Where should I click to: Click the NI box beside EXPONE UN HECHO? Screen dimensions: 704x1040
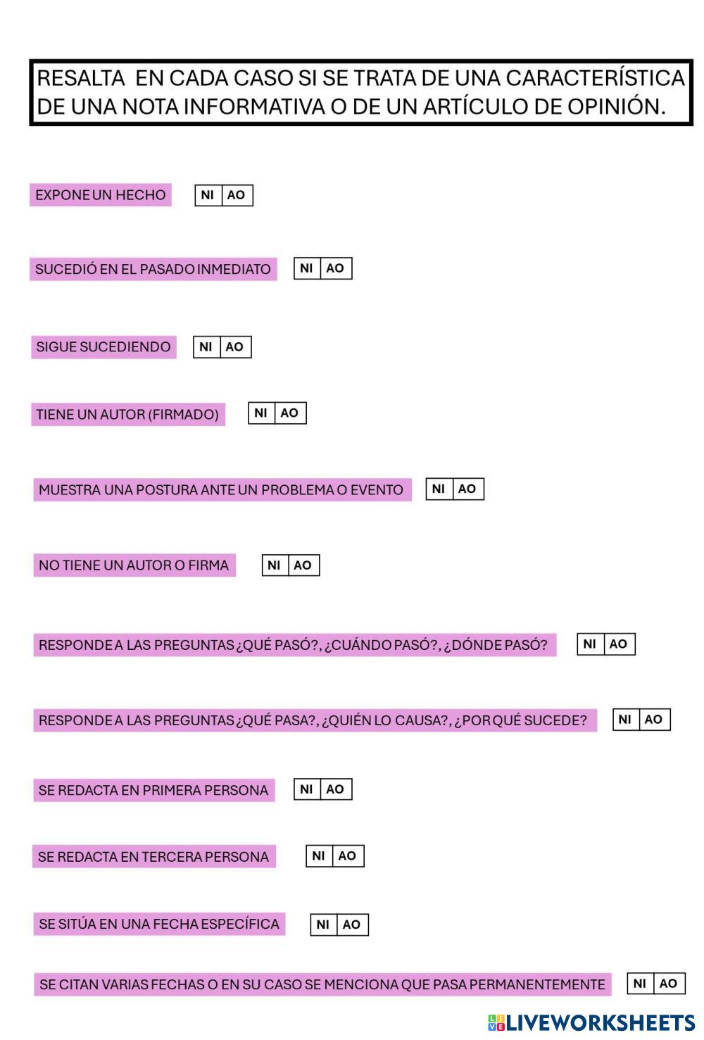[208, 195]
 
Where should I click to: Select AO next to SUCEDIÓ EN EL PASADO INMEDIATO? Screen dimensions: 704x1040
[335, 268]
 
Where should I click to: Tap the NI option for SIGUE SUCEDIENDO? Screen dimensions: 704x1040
[206, 346]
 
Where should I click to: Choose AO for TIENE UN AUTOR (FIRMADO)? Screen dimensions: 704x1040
[289, 413]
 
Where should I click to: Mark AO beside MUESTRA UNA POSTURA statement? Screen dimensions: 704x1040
[467, 489]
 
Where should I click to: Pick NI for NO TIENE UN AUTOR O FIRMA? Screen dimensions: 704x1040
[274, 565]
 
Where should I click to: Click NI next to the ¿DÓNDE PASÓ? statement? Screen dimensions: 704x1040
[590, 644]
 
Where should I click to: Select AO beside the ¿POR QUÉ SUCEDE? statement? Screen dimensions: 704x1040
[653, 719]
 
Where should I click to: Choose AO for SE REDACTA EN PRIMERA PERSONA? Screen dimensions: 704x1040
[335, 789]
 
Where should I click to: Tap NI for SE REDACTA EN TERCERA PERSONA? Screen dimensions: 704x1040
[318, 856]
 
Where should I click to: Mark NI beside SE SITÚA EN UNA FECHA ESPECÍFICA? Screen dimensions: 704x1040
[323, 925]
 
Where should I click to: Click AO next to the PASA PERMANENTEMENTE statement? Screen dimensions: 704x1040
[668, 984]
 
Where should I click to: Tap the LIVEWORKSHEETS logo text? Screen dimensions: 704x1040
[598, 1022]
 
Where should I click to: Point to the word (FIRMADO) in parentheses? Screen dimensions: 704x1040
[183, 414]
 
